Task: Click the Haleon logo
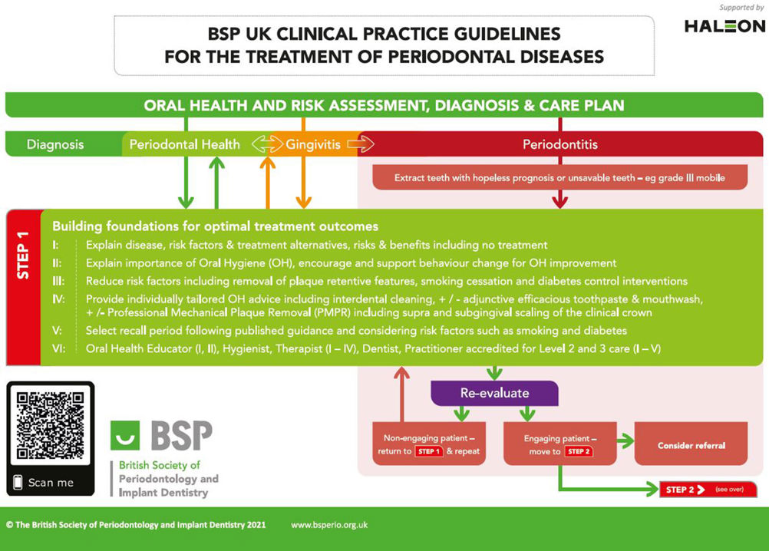coord(724,26)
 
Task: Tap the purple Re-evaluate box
coord(494,393)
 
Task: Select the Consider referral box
coord(691,444)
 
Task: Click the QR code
coord(50,424)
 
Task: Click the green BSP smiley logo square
coord(125,435)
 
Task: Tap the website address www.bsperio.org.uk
coord(329,525)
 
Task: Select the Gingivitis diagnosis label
coord(313,144)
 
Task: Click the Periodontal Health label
coord(184,144)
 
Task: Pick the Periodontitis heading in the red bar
coord(560,144)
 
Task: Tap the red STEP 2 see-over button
coord(708,490)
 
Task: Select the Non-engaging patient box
coord(429,444)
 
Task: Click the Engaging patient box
coord(560,444)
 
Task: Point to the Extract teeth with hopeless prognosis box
coord(560,177)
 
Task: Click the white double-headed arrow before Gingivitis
coord(267,144)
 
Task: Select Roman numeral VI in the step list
coord(58,348)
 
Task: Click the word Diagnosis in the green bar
coord(55,144)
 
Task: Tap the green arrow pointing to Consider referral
coord(625,440)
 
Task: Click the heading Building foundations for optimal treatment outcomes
coord(216,226)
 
